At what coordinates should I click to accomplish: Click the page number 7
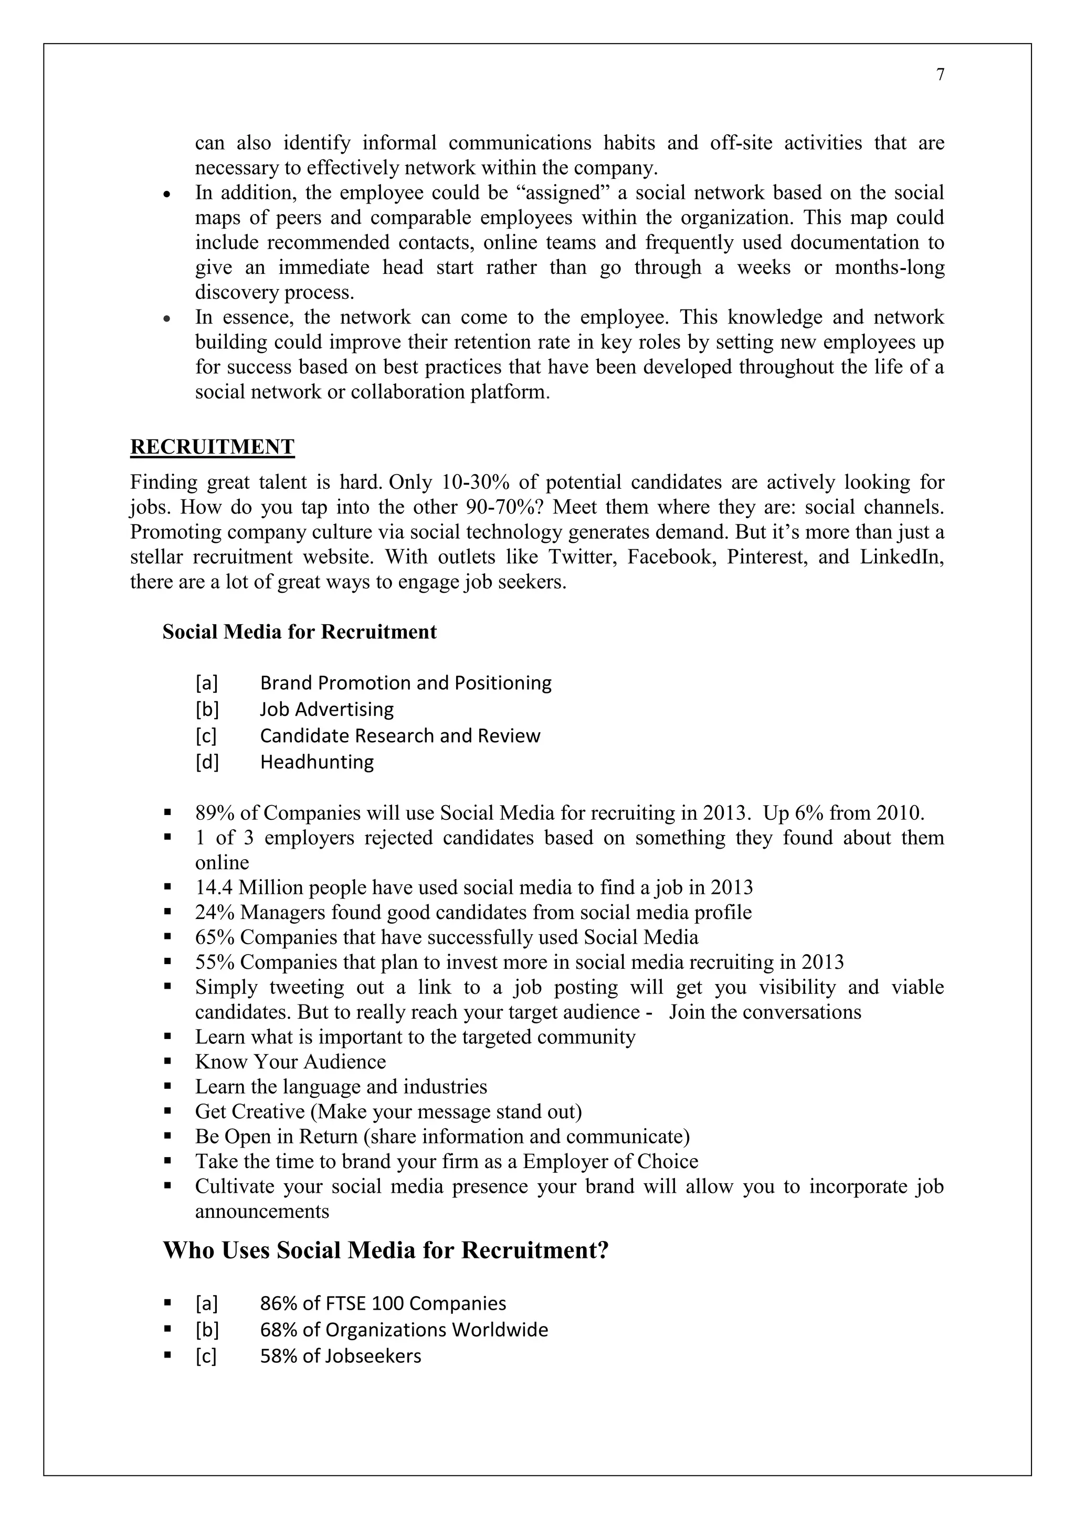click(940, 75)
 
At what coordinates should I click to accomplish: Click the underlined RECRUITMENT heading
click(212, 447)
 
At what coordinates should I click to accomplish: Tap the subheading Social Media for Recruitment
click(299, 632)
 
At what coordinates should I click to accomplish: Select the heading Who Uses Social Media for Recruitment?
click(385, 1250)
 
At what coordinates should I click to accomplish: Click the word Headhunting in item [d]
click(317, 762)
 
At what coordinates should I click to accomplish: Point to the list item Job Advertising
click(326, 709)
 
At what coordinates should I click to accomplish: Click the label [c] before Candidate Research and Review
click(206, 736)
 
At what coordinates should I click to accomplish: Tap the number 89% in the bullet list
click(210, 812)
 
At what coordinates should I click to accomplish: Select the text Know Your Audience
click(290, 1062)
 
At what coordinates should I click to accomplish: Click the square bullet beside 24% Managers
click(167, 912)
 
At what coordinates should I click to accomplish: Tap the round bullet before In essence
click(167, 318)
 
